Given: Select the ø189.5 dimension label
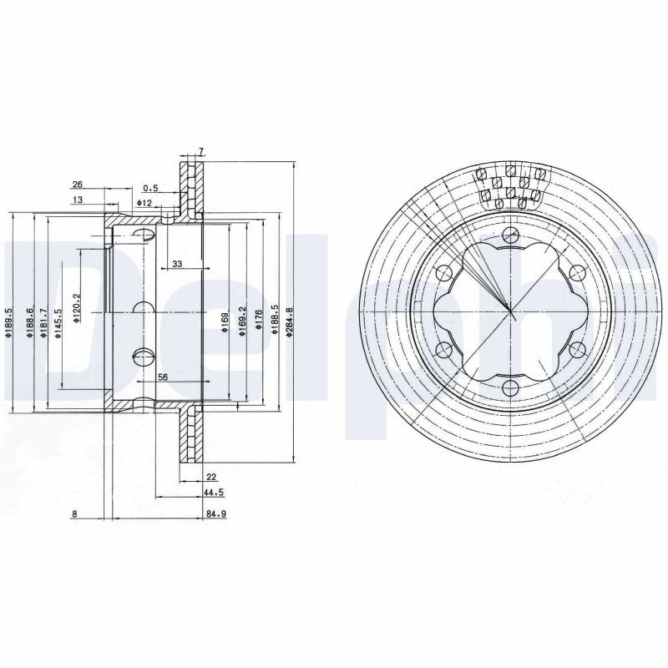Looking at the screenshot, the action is tap(8, 323).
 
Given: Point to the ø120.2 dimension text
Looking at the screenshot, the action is tap(77, 308).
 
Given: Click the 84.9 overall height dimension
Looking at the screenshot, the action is tap(216, 514).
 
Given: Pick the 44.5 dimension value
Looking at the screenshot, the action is tap(214, 493).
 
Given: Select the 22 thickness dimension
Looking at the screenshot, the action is tap(211, 476).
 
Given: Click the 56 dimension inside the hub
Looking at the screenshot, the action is tap(163, 377).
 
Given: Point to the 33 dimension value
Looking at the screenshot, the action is tap(177, 264).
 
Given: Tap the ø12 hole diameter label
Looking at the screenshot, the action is tap(144, 203).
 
